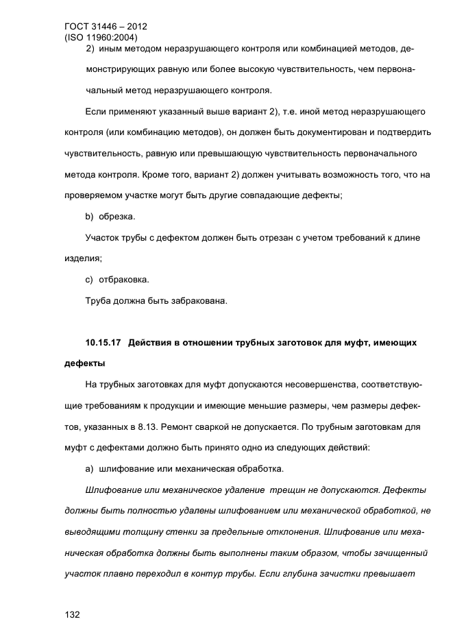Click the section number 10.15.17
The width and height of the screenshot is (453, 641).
tap(103, 341)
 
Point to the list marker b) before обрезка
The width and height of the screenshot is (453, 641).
tap(89, 217)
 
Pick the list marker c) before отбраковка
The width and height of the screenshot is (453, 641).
tap(89, 280)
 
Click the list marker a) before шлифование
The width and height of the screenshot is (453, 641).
tap(89, 469)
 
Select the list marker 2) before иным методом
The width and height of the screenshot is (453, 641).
tap(89, 49)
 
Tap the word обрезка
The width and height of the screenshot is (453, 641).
tap(117, 217)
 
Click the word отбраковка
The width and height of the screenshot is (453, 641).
tap(124, 280)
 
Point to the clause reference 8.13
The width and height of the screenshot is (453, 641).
tap(158, 426)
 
